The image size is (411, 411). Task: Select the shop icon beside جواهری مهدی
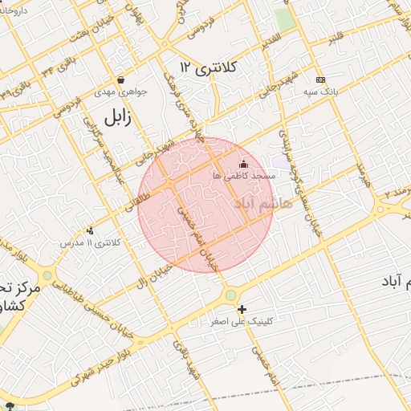(120, 79)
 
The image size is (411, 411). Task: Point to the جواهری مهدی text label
(121, 92)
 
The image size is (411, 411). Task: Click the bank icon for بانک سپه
(321, 79)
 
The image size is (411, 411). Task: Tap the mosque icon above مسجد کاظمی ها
(244, 164)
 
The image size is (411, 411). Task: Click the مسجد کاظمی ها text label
(244, 175)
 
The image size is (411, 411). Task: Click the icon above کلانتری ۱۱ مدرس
(89, 231)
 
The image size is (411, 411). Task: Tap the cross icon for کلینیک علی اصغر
(242, 309)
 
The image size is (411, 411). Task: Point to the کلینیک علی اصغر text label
(242, 321)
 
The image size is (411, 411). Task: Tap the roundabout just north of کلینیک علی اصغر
(231, 295)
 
